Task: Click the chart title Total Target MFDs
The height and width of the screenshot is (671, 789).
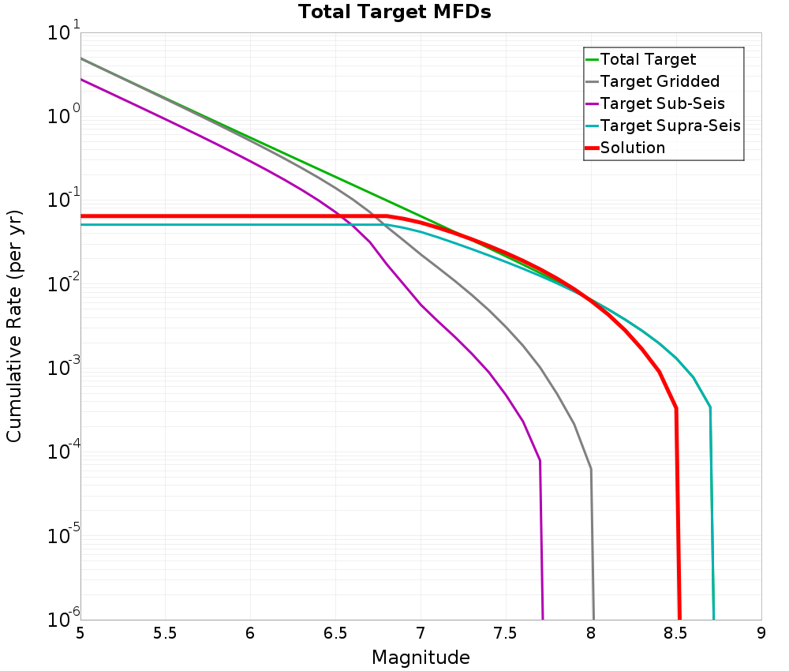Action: coord(394,13)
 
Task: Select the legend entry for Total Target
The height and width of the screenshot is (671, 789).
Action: coord(647,59)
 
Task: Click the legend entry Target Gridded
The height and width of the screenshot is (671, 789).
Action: coord(659,81)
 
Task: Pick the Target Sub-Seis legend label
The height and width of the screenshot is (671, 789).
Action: coord(661,103)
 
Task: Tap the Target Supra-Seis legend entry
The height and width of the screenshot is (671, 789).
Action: coord(669,126)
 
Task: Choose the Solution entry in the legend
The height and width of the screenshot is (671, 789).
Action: coord(632,148)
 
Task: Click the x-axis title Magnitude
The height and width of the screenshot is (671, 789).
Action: coord(421,658)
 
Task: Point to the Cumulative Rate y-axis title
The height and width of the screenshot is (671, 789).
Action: coord(14,326)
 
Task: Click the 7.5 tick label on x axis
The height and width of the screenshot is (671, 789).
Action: coord(505,633)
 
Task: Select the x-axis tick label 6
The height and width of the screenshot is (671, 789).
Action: coord(250,633)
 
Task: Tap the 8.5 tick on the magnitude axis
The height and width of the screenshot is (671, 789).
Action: coord(675,633)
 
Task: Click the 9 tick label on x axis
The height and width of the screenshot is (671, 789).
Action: coord(761,633)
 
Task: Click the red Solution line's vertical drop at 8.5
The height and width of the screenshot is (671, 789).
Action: coord(678,513)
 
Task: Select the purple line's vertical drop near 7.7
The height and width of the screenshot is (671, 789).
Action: coord(541,545)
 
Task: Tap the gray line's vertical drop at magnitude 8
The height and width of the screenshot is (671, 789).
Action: coord(592,553)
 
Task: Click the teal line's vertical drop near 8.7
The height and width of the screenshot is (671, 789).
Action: coord(712,513)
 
